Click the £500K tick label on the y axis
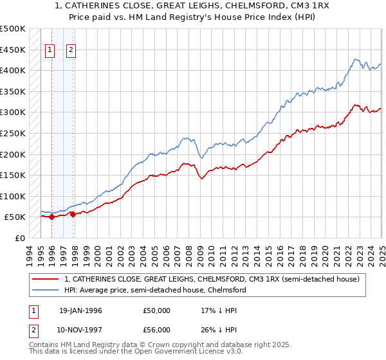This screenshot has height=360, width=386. click(12, 29)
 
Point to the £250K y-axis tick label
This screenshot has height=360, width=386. click(12, 133)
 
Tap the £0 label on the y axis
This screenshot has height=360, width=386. click(19, 238)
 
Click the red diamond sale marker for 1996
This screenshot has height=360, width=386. click(51, 217)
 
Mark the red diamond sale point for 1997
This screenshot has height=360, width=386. click(73, 215)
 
